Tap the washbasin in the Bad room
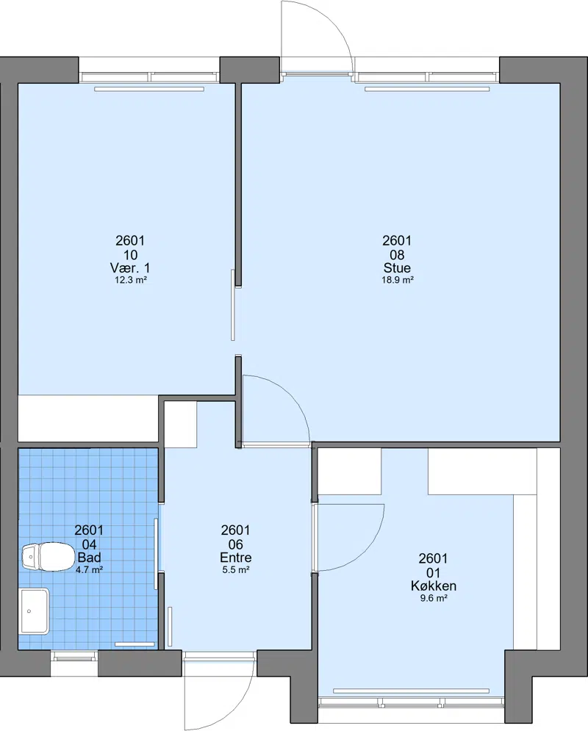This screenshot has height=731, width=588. pyautogui.click(x=34, y=611)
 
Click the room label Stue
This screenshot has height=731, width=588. pyautogui.click(x=397, y=268)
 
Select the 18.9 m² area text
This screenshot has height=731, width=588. pyautogui.click(x=398, y=280)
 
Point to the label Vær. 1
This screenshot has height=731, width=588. pyautogui.click(x=130, y=268)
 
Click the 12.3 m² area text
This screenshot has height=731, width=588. pyautogui.click(x=131, y=280)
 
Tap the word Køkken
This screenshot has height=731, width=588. pyautogui.click(x=433, y=586)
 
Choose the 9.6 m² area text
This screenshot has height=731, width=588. pyautogui.click(x=434, y=599)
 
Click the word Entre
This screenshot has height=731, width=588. pyautogui.click(x=235, y=558)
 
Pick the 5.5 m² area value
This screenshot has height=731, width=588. pyautogui.click(x=235, y=569)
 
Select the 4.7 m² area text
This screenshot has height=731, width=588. pyautogui.click(x=89, y=569)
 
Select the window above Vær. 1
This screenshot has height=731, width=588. pyautogui.click(x=149, y=77)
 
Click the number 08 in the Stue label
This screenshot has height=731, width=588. pyautogui.click(x=397, y=255)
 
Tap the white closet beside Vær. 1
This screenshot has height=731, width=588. pyautogui.click(x=88, y=418)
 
